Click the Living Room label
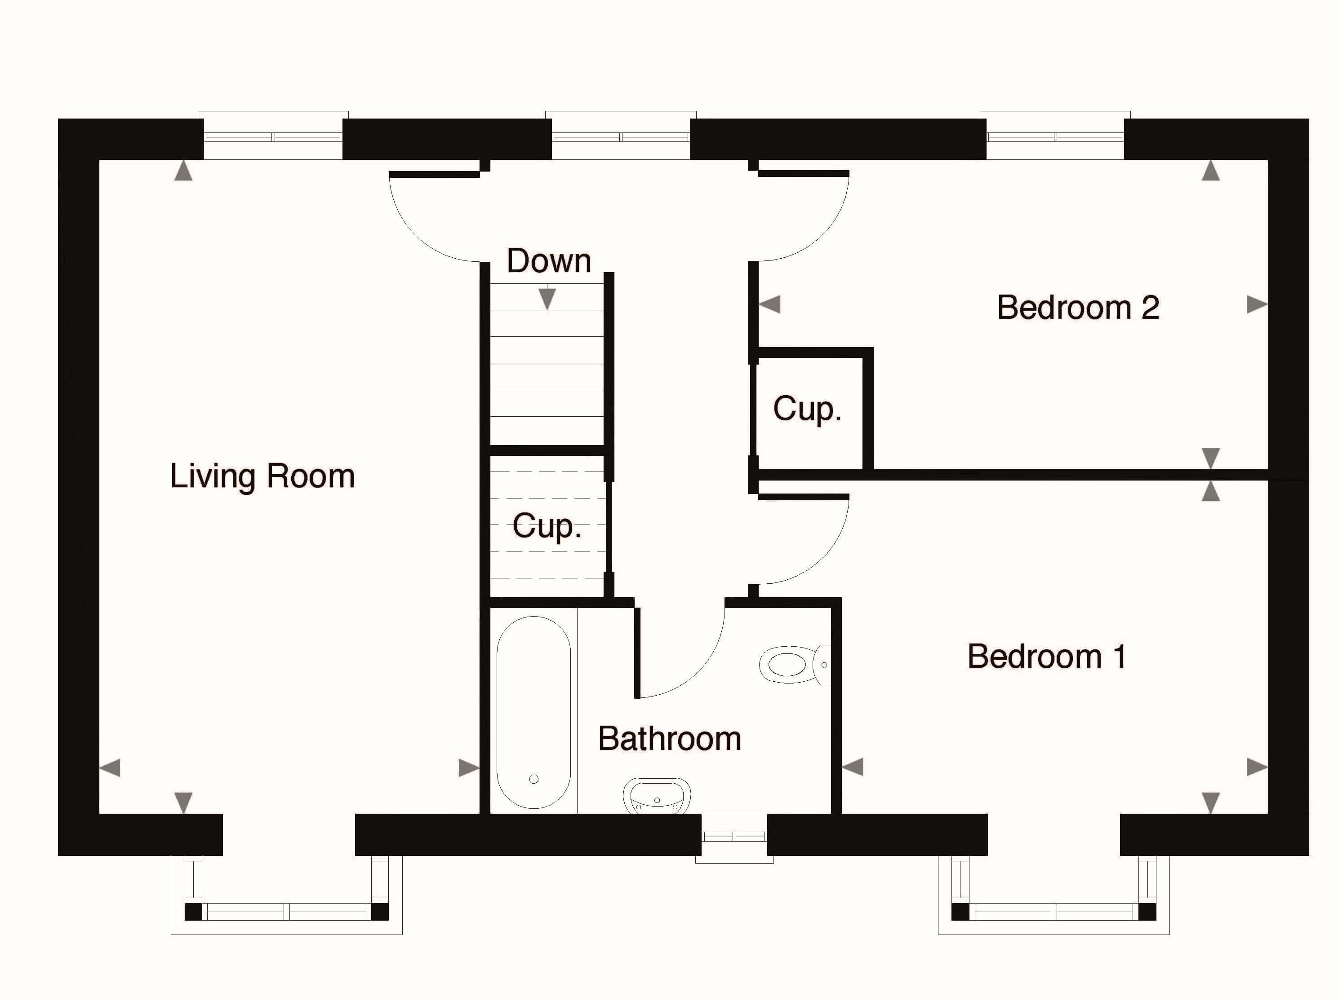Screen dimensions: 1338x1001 (262, 477)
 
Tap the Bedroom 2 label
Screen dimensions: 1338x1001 (1078, 307)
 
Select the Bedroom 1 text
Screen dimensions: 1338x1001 (1046, 657)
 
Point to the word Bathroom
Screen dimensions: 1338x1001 (670, 739)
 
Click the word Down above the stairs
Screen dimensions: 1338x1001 (549, 260)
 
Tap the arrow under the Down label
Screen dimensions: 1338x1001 (547, 299)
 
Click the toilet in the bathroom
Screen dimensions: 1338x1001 (795, 664)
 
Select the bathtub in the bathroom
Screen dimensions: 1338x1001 (533, 712)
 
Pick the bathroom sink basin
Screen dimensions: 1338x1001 (657, 795)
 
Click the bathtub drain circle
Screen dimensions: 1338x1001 (533, 779)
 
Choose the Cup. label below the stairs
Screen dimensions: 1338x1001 (547, 526)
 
